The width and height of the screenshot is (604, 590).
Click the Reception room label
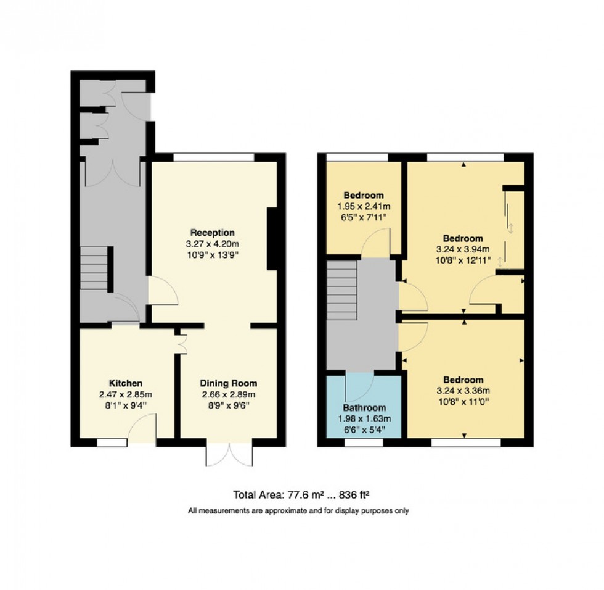(x=212, y=233)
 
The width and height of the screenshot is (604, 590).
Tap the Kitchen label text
(x=126, y=383)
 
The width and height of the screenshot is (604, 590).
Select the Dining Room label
(x=228, y=383)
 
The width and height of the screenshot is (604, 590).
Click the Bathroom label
(x=364, y=408)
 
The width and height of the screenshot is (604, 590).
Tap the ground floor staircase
(x=94, y=268)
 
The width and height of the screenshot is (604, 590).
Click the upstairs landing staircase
(x=341, y=289)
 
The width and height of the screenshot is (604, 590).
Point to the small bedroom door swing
(x=376, y=243)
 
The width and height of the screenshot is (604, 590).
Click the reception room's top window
(x=214, y=157)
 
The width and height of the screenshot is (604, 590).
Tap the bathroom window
(x=363, y=442)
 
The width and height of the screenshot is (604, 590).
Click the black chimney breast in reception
(x=271, y=239)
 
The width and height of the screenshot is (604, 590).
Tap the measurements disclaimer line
(x=298, y=511)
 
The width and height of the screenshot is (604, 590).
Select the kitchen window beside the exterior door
(x=109, y=442)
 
